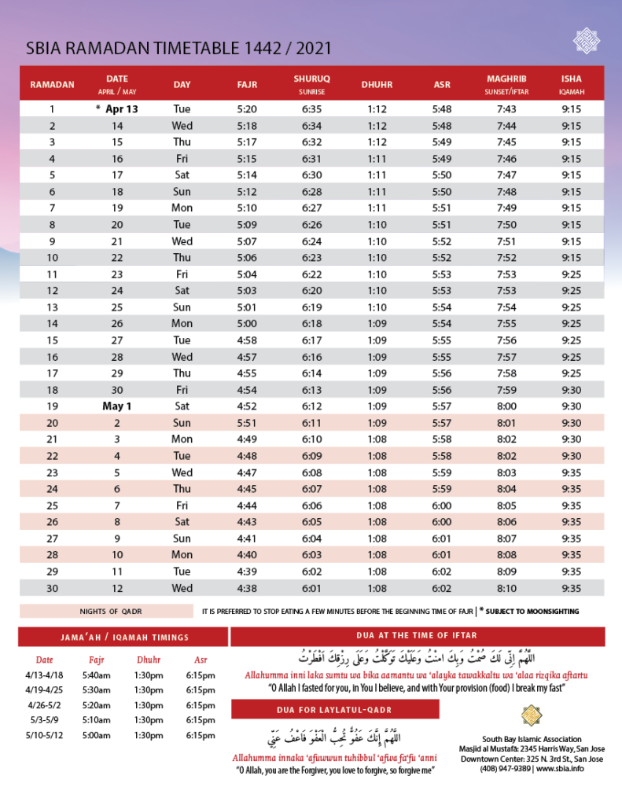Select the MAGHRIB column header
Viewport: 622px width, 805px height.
coord(506,79)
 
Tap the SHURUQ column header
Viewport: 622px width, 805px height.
coord(312,79)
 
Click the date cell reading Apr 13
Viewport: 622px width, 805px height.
coord(121,109)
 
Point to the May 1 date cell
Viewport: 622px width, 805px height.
coord(117,406)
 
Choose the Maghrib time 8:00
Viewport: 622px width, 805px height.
coord(506,406)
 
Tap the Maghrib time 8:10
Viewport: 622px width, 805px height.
coord(506,588)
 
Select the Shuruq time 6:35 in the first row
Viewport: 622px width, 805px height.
coord(312,109)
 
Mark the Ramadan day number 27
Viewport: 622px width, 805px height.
coord(52,539)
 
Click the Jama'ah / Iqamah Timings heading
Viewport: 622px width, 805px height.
coord(124,637)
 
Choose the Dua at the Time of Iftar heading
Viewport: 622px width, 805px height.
coord(417,635)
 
